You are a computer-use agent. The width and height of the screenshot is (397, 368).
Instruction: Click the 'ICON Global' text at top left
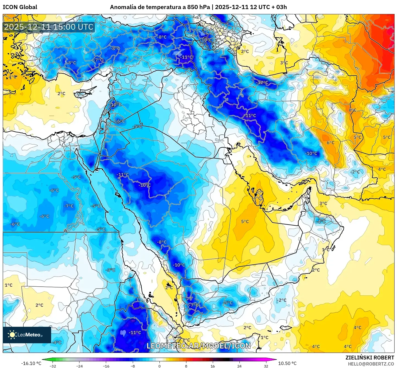point(20,7)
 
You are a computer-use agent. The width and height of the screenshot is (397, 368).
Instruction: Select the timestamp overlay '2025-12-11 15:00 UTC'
point(49,27)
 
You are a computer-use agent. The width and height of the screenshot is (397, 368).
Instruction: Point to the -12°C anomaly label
point(262,82)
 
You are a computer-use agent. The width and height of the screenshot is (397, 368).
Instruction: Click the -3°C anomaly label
point(111,270)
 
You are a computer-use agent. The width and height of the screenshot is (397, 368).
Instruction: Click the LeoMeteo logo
point(27,335)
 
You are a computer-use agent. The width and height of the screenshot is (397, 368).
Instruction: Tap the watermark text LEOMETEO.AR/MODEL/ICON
point(198,346)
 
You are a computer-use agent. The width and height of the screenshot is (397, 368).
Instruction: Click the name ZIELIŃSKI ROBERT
point(370,358)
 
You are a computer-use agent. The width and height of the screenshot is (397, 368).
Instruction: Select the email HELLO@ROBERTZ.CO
point(371,364)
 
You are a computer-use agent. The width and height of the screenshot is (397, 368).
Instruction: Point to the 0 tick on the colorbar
point(159,366)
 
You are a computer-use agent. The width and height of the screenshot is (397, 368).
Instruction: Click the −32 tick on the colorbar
point(53,366)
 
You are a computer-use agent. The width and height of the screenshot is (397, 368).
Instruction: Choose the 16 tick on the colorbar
point(213,366)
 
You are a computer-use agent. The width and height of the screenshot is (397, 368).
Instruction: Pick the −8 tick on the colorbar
point(133,366)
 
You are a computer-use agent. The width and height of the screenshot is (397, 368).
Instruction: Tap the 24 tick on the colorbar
point(239,366)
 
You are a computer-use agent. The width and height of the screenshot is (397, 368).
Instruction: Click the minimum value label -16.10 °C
point(31,363)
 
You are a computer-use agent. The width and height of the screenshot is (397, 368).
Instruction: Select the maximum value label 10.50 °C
point(287,363)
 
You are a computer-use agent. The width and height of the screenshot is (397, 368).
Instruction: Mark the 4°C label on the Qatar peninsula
point(257,198)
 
